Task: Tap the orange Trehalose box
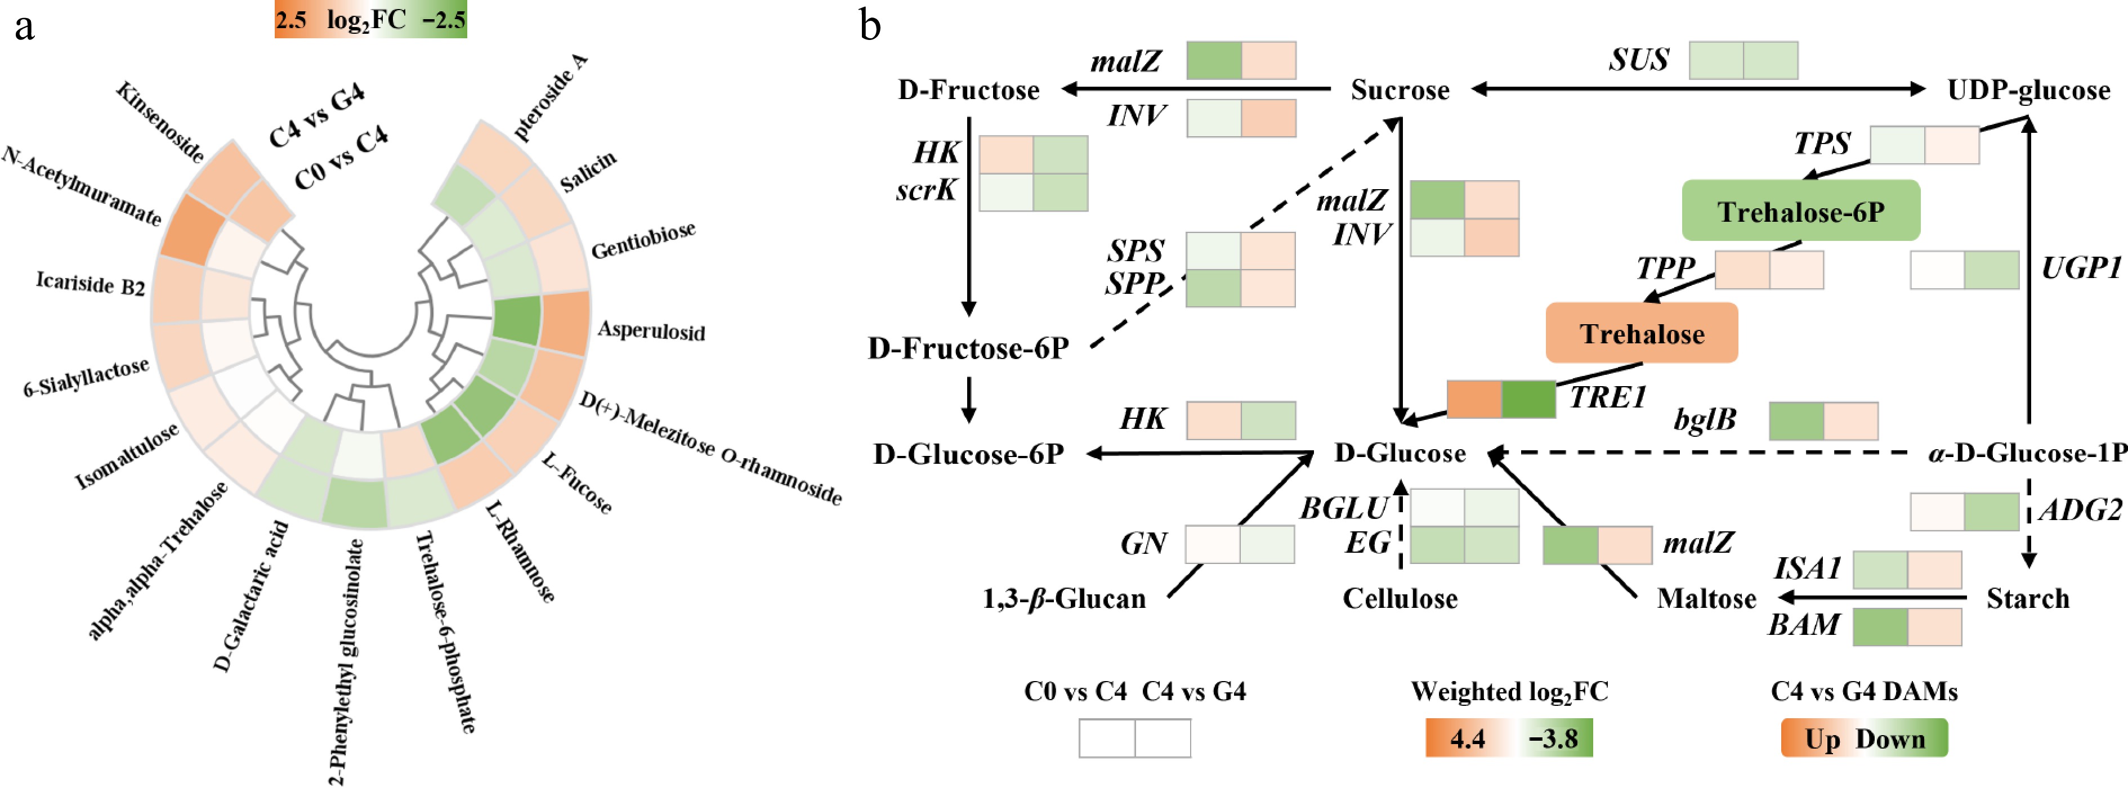pos(1642,334)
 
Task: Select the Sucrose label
pos(1400,90)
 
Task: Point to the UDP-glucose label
pos(2028,90)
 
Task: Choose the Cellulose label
pos(1400,598)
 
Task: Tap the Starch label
pos(2027,598)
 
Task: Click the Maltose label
pos(1706,598)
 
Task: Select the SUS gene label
pos(1639,60)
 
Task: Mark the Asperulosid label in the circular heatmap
pos(651,330)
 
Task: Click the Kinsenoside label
pos(159,122)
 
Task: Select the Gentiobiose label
pos(643,240)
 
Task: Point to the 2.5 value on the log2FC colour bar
pos(291,20)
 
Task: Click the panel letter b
pos(870,25)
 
